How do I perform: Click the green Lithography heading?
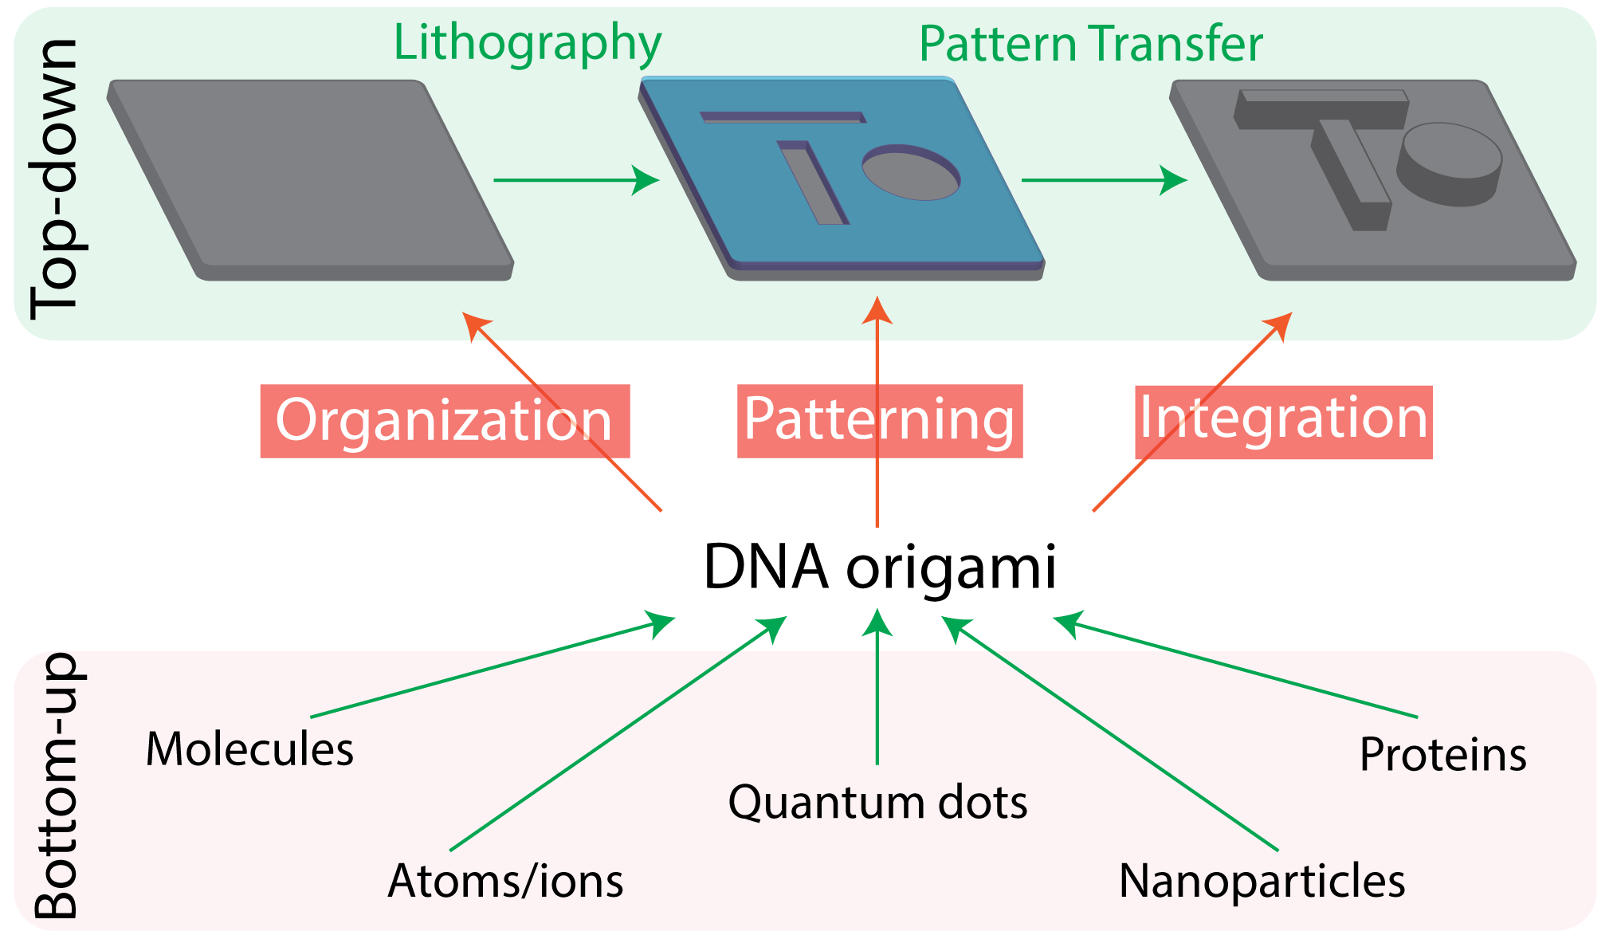(528, 44)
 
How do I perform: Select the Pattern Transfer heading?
(1091, 44)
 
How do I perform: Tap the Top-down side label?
(54, 179)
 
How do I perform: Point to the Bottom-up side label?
(56, 785)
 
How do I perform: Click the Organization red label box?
(445, 421)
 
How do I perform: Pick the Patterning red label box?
(880, 421)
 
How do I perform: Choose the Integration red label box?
(1284, 422)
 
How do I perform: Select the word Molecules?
(249, 749)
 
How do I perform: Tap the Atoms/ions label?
(505, 881)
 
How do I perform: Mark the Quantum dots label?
(877, 802)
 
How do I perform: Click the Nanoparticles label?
(1262, 882)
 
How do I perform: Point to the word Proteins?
(1443, 755)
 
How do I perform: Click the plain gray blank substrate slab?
(310, 180)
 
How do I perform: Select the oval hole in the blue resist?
(911, 172)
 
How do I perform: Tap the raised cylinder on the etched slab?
(1450, 164)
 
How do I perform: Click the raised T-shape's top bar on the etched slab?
(1321, 109)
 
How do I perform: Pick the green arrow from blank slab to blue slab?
(576, 180)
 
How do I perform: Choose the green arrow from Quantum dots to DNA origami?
(877, 686)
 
